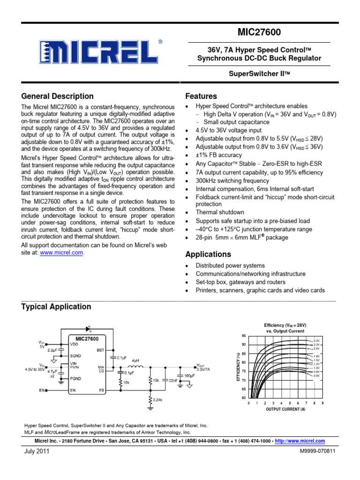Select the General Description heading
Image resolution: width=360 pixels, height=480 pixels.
coord(57,96)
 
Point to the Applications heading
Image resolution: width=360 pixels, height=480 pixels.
coord(208,255)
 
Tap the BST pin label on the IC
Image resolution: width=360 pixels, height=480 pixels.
coord(100,350)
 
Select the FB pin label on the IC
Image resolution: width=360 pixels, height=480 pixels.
coord(101,390)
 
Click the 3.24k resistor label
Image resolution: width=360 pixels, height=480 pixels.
coord(157,399)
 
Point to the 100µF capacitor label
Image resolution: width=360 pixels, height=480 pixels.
coord(190,376)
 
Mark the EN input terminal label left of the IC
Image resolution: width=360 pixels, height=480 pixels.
coord(42,390)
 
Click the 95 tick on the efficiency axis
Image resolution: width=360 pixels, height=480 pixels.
coord(243,336)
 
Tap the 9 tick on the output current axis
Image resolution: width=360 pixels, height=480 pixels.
coord(323,403)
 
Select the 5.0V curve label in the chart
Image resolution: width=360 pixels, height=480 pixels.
coord(317,340)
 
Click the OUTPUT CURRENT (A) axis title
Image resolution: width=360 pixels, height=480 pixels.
coord(285,409)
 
